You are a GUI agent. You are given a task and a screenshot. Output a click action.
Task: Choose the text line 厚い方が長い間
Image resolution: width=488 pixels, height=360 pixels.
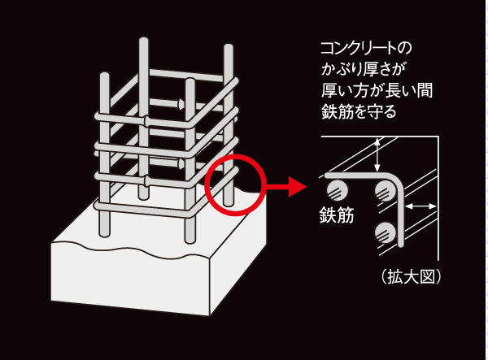(x=373, y=90)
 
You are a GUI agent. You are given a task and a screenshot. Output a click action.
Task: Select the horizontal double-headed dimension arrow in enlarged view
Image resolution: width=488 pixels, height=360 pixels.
(x=420, y=208)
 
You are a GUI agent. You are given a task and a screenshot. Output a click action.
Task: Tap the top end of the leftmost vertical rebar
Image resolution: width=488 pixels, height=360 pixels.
(x=104, y=76)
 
